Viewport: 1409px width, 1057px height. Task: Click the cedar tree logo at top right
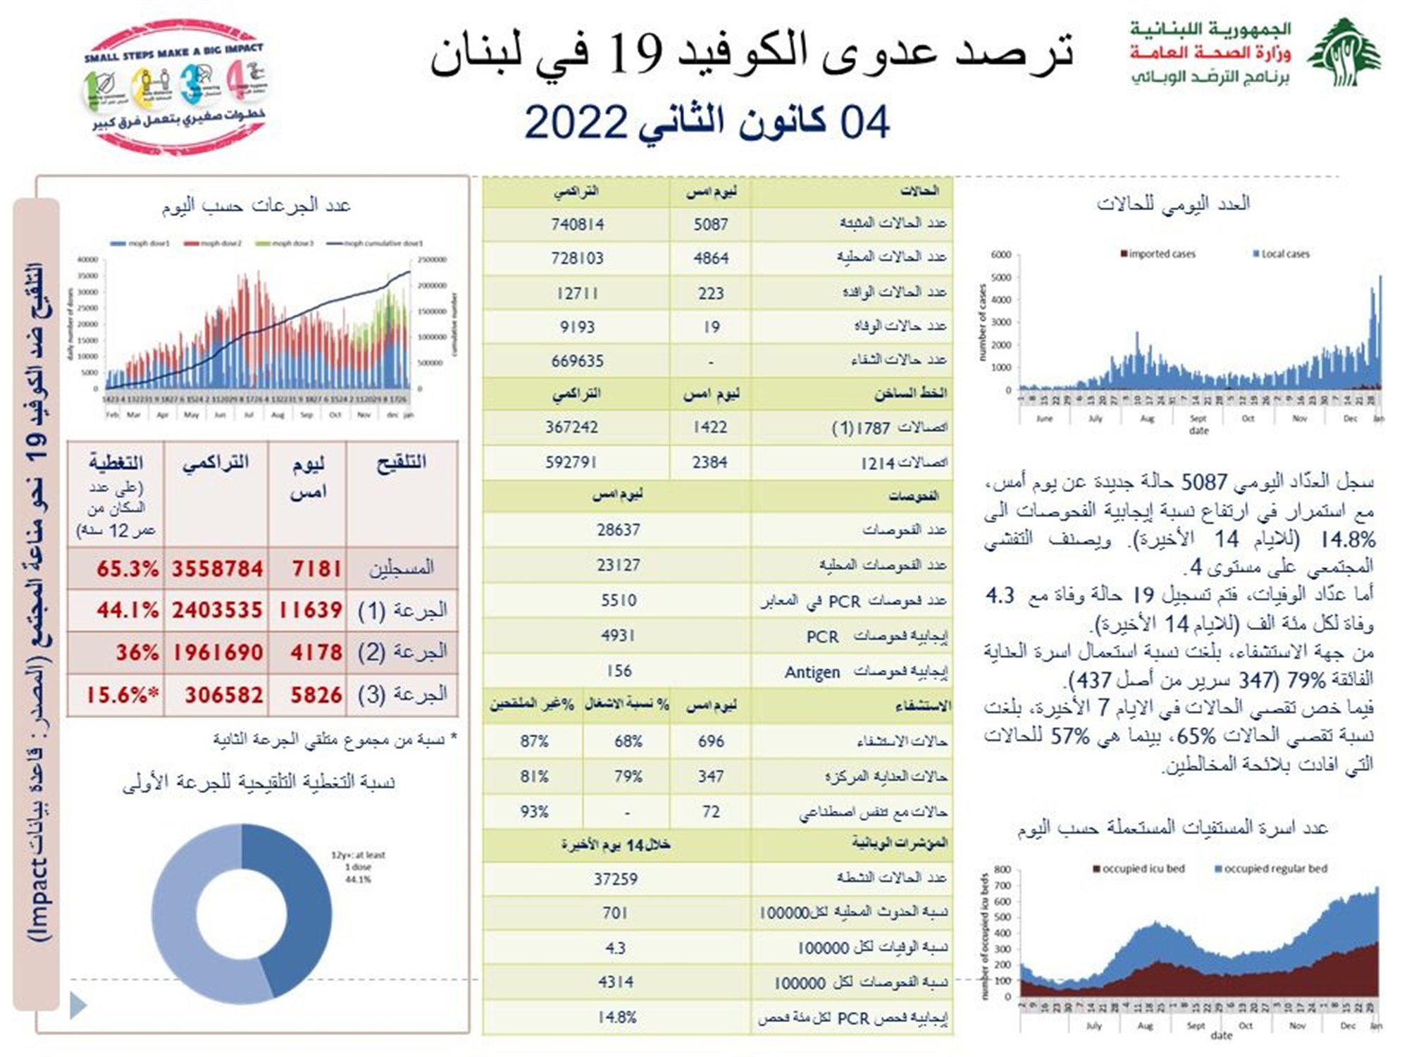(x=1343, y=54)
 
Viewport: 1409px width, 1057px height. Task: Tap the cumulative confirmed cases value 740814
(x=577, y=224)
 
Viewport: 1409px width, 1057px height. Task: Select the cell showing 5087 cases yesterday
(x=710, y=224)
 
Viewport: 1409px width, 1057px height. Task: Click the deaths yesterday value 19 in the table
(x=711, y=327)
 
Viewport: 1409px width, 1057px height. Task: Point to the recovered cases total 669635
(x=577, y=361)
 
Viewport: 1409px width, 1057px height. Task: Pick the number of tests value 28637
(x=618, y=530)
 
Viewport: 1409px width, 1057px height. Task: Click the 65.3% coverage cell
(x=127, y=569)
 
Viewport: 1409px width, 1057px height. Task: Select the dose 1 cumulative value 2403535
(x=217, y=610)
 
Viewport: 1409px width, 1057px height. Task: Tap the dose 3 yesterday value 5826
(x=316, y=696)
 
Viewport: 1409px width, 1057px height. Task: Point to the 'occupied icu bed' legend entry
(x=1138, y=869)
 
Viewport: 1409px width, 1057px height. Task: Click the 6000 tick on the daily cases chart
(x=1000, y=254)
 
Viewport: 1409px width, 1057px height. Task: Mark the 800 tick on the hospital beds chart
(x=1003, y=870)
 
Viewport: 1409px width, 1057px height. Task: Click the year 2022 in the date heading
(x=576, y=123)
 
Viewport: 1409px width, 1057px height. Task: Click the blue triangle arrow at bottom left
(x=78, y=1006)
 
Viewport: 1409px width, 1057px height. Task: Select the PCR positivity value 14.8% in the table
(x=616, y=1017)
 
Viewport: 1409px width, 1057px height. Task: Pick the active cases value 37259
(x=615, y=879)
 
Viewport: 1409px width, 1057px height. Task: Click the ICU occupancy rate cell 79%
(x=627, y=777)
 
